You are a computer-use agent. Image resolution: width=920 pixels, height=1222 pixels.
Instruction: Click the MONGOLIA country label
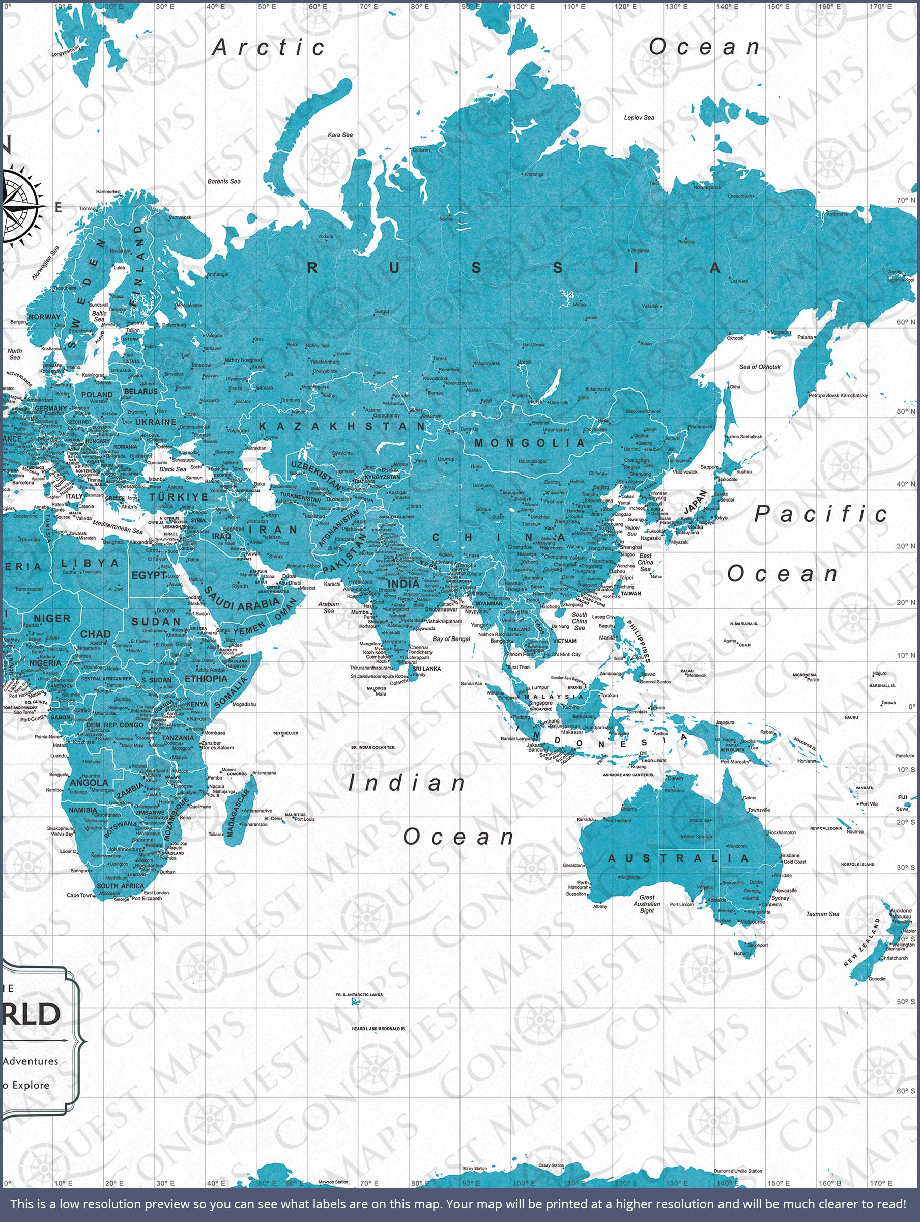[529, 443]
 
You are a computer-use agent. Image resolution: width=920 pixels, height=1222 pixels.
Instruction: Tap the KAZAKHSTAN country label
[342, 427]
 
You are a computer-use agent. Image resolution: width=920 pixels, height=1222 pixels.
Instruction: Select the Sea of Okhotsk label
[760, 366]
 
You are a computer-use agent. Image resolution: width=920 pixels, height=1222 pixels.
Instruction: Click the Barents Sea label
[224, 181]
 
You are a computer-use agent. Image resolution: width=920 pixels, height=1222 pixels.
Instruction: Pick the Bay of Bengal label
[451, 638]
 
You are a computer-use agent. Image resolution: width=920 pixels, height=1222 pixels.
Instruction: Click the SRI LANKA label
[427, 669]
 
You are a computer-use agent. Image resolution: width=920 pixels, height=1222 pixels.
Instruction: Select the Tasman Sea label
[822, 914]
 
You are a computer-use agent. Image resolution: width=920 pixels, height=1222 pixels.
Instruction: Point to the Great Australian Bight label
[647, 904]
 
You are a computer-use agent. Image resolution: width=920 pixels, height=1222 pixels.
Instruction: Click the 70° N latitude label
[906, 200]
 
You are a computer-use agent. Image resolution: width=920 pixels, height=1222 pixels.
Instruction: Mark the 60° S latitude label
[906, 1091]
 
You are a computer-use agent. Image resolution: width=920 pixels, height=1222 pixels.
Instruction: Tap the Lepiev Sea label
[639, 117]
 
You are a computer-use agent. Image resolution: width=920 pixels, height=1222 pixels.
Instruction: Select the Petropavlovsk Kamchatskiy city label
[838, 395]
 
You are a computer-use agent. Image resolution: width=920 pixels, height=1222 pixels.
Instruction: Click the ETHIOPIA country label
[206, 678]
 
